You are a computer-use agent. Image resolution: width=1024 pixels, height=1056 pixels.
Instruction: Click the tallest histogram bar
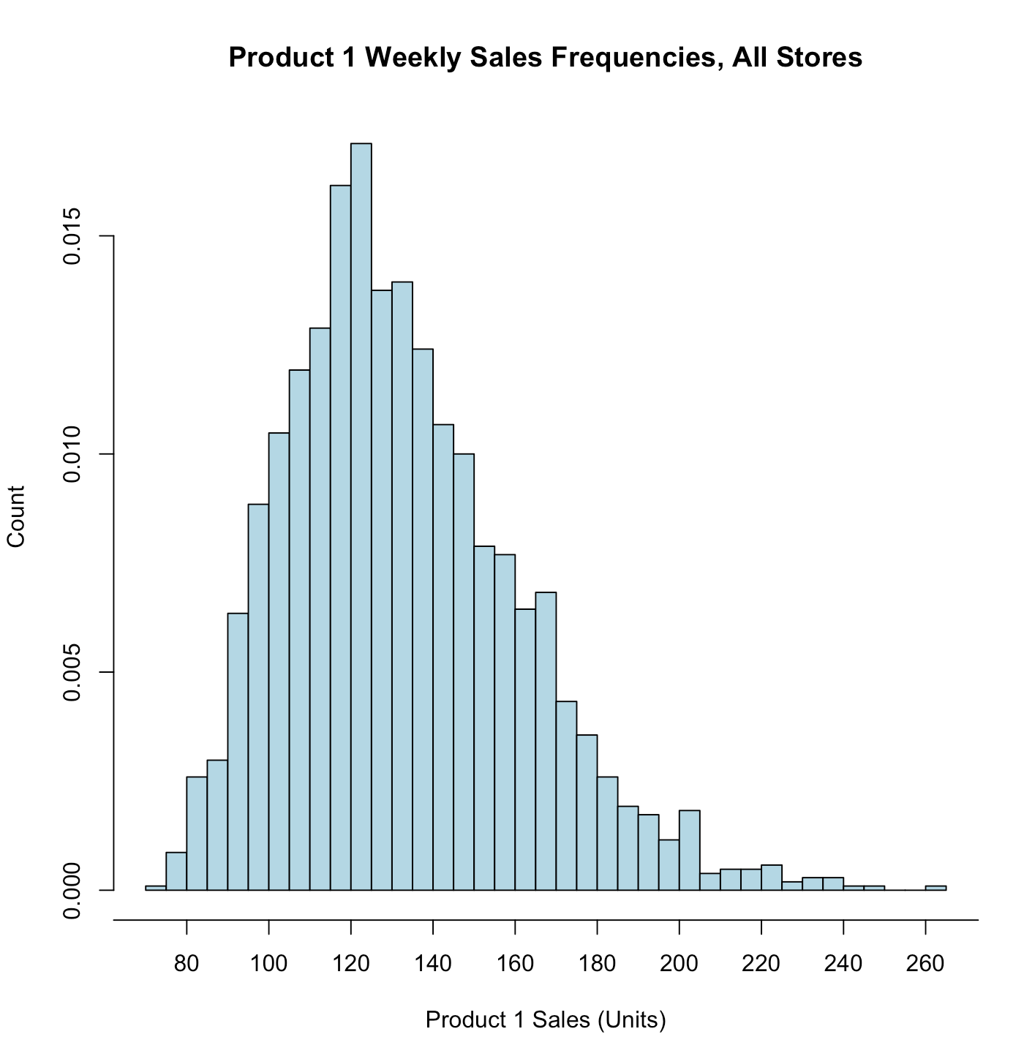361,512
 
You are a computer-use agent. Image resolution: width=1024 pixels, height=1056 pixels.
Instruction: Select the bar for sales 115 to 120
341,534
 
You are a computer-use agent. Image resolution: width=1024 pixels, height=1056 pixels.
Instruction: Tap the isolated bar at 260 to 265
935,888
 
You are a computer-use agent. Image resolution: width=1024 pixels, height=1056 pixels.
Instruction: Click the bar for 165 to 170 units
546,739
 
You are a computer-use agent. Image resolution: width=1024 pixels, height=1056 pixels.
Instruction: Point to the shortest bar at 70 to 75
156,888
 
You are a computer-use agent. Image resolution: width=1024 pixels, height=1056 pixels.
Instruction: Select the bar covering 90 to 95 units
238,750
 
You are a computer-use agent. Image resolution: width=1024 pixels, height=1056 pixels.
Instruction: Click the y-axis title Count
16,516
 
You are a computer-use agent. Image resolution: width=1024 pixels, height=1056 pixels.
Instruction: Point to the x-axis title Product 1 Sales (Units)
546,1019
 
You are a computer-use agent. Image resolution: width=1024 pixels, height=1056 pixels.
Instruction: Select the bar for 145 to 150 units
464,669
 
